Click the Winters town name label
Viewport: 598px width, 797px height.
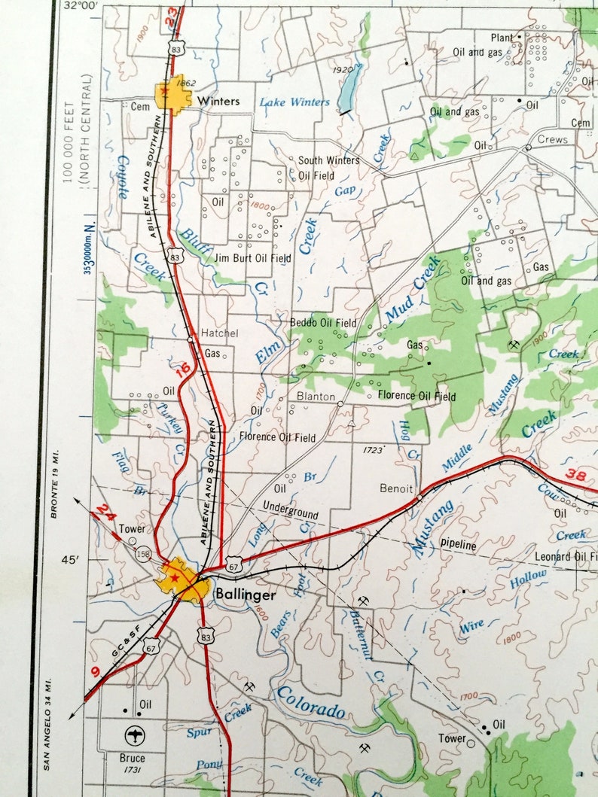tap(218, 101)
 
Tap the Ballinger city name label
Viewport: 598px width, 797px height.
tap(246, 594)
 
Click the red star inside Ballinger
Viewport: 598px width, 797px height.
tap(175, 576)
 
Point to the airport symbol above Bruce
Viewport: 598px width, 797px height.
tap(137, 735)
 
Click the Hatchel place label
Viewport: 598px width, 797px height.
tap(220, 333)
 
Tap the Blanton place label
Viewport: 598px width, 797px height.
tap(316, 397)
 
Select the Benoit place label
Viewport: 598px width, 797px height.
tap(396, 488)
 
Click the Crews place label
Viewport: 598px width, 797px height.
tap(552, 140)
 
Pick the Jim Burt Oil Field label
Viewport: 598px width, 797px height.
tap(252, 258)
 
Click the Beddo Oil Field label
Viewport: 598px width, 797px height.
tap(323, 323)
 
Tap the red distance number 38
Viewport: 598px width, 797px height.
tap(575, 475)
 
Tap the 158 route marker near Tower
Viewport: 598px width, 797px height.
tap(142, 555)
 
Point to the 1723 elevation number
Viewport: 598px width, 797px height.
tap(374, 449)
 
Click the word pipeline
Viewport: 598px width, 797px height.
tap(459, 545)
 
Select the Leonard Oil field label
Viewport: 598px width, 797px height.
tap(566, 557)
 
